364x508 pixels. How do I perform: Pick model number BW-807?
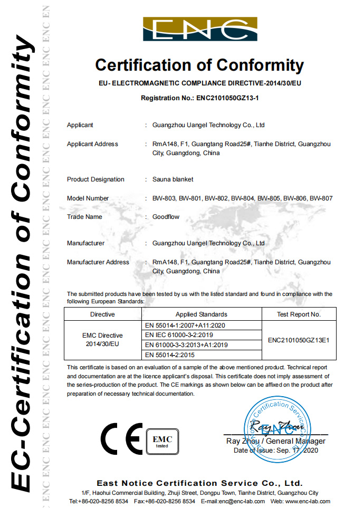tap(321, 198)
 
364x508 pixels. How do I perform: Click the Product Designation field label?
tap(95, 179)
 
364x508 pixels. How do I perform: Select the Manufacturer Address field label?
tap(98, 262)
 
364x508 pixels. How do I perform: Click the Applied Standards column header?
tap(202, 314)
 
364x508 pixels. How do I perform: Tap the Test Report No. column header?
tap(299, 314)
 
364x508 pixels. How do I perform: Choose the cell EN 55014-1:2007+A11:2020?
tap(185, 325)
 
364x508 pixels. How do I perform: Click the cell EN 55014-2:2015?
tap(169, 355)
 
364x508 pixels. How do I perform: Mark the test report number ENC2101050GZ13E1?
tap(299, 340)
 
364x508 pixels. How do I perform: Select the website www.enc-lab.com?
tap(308, 501)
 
